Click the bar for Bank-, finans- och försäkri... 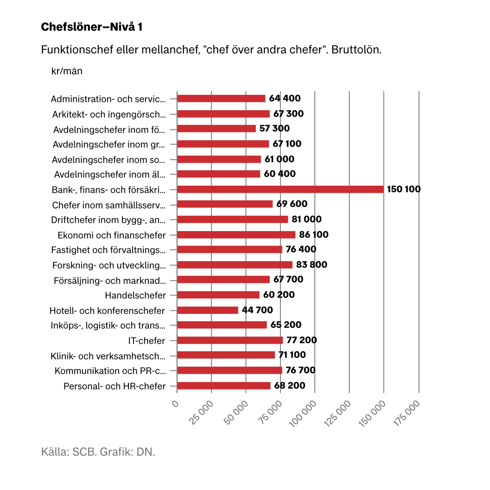click(x=280, y=189)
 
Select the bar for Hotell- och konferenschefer click(x=208, y=310)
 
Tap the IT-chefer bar click(x=230, y=340)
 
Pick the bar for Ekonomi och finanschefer click(x=236, y=234)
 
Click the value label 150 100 click(x=404, y=189)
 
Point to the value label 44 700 click(x=257, y=310)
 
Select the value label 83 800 click(x=312, y=264)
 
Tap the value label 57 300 click(x=274, y=128)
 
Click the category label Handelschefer click(x=135, y=295)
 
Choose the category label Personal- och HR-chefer click(x=115, y=386)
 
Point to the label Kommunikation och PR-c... click(x=110, y=371)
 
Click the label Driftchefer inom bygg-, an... click(x=108, y=220)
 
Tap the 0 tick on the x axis click(x=175, y=404)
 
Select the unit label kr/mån click(x=67, y=71)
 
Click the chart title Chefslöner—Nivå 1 click(x=92, y=27)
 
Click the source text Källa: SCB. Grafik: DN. click(x=98, y=452)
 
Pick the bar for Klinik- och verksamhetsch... click(x=226, y=355)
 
